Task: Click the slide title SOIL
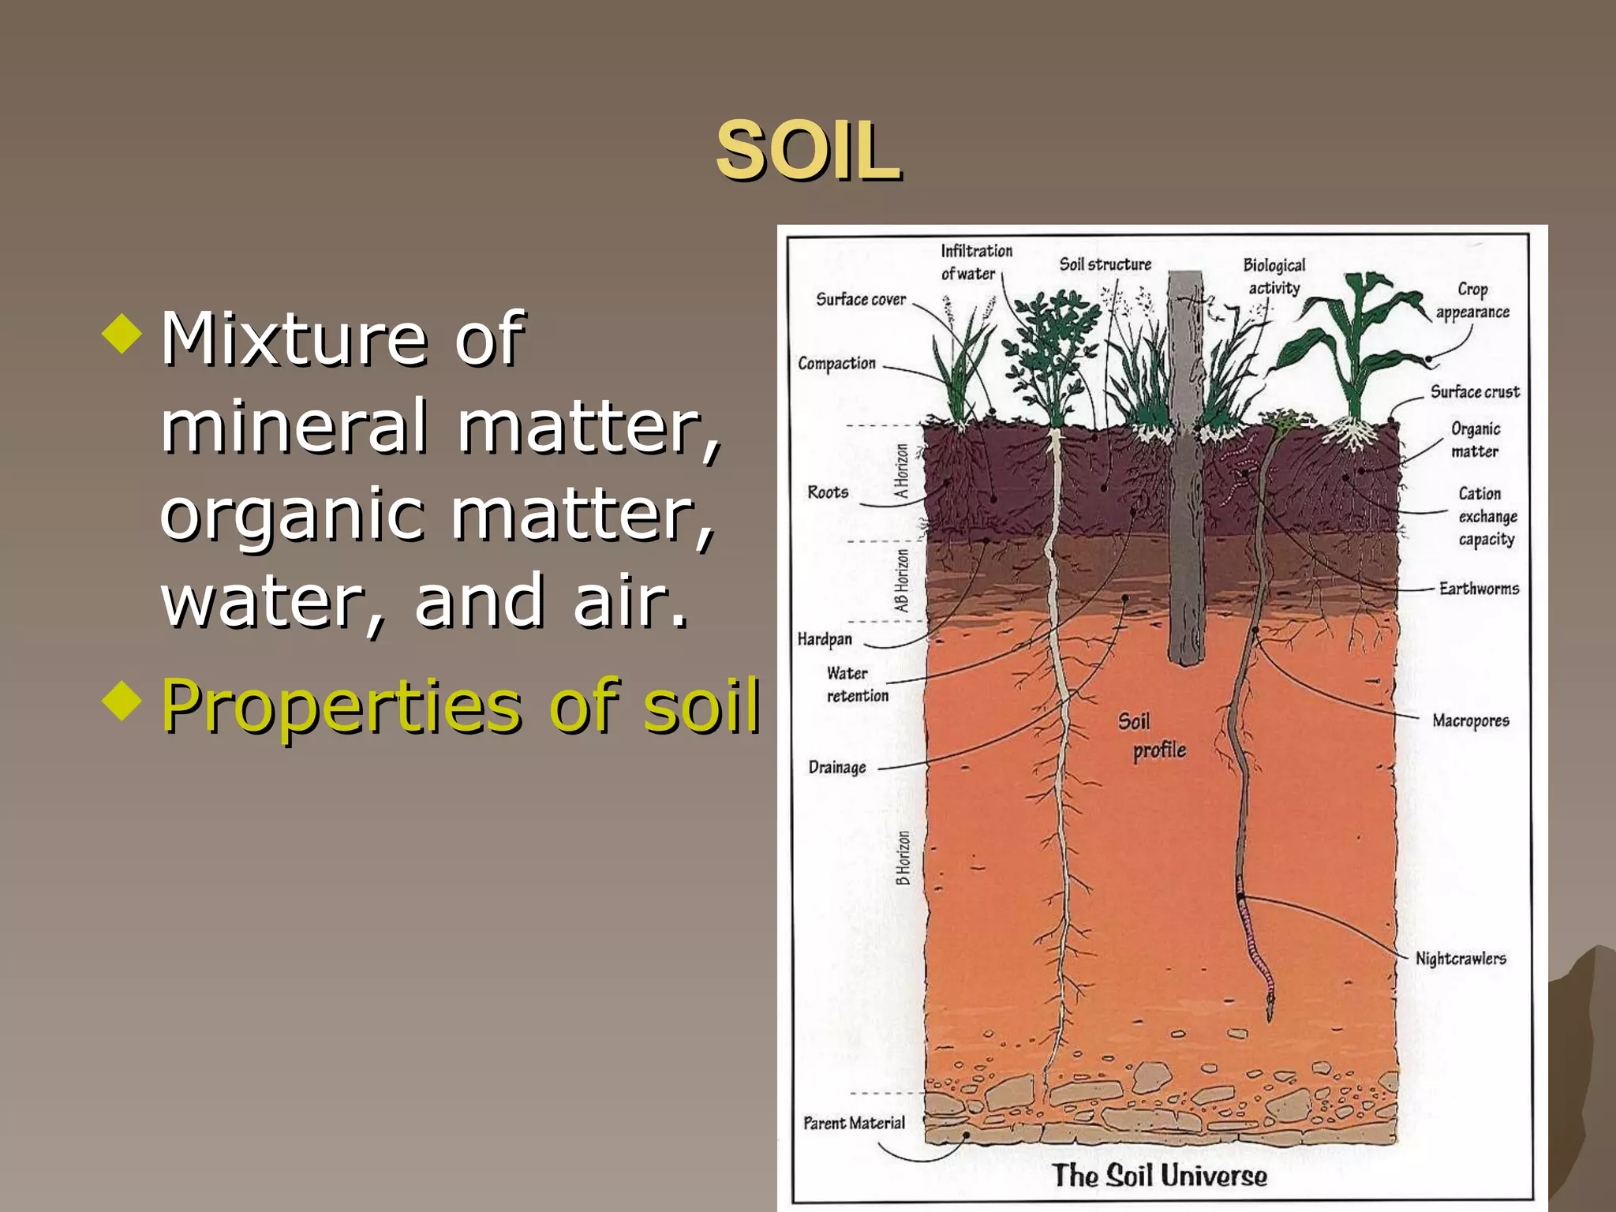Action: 808,151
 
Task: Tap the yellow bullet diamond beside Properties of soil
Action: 122,699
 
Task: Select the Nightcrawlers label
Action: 1460,958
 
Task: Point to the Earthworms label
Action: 1478,589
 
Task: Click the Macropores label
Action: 1470,720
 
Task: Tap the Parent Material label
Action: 854,1123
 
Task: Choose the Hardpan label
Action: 825,639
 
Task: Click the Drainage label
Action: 836,767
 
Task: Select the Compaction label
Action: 836,364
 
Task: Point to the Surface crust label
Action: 1474,392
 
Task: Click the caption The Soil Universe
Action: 1160,1176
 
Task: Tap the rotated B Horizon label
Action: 903,858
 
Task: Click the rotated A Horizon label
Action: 901,471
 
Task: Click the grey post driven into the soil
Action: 1185,473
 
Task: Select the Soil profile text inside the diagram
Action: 1150,735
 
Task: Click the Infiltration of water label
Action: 975,262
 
